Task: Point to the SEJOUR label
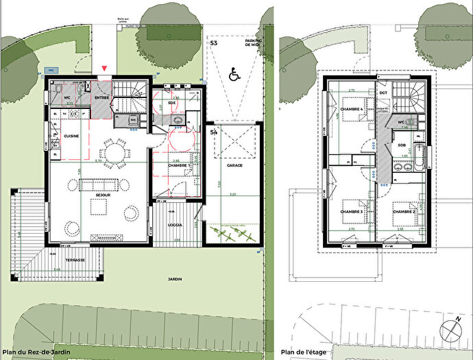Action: [104, 195]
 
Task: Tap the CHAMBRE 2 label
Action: [403, 211]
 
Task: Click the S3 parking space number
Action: [214, 43]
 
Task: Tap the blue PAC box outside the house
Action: [50, 69]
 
